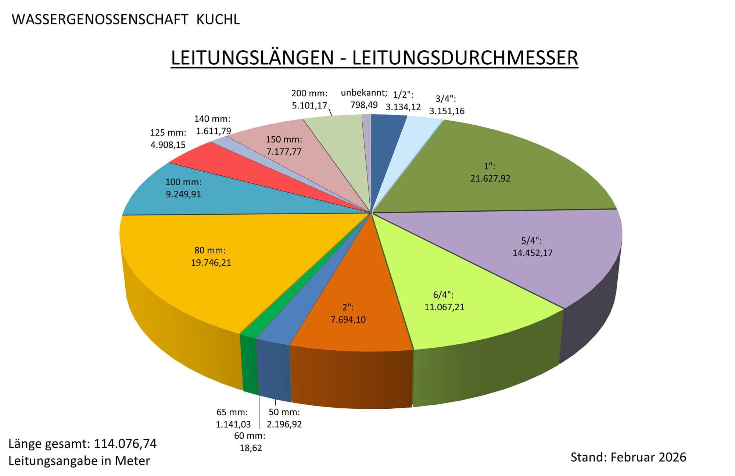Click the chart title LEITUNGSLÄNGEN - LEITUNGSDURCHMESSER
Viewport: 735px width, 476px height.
pos(374,58)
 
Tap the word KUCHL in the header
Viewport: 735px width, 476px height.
pos(218,19)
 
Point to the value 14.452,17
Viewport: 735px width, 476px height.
pos(532,253)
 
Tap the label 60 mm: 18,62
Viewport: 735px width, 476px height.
pos(250,442)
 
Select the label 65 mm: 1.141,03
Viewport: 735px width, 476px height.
pos(233,418)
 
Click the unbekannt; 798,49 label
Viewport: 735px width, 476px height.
pos(364,99)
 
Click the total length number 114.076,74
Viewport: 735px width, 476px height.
pos(125,444)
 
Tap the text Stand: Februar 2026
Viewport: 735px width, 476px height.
pos(628,457)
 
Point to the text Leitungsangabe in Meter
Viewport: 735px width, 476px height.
pos(79,461)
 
